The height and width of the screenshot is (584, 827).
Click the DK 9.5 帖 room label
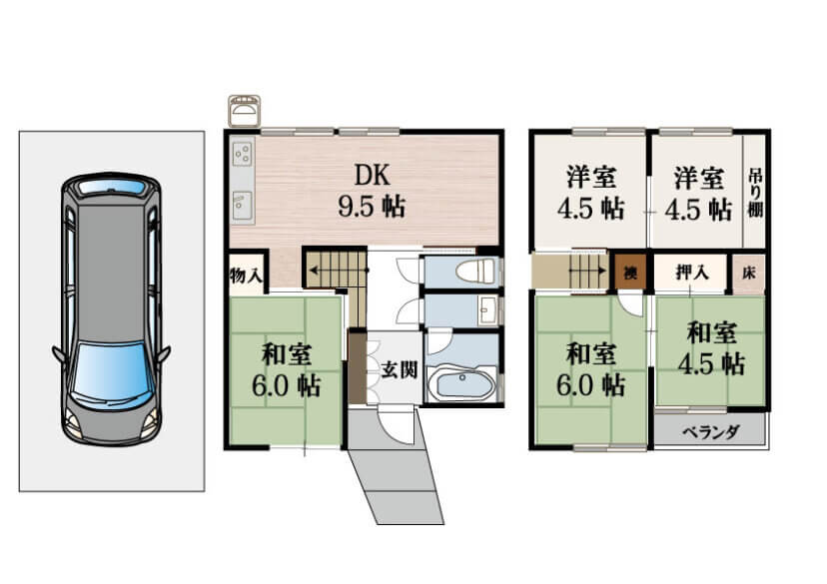[372, 190]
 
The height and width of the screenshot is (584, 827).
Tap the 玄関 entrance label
[400, 369]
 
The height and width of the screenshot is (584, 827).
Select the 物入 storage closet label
[246, 275]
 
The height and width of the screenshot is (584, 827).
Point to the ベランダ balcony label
[710, 432]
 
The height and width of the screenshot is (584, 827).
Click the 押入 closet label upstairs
[692, 273]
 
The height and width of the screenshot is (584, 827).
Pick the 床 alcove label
[748, 273]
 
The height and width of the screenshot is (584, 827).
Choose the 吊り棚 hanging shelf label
[755, 193]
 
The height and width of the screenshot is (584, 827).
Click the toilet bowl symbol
[475, 272]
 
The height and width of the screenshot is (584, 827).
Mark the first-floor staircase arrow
[338, 271]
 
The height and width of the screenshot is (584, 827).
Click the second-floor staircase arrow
[588, 271]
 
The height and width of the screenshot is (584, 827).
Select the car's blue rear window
[111, 187]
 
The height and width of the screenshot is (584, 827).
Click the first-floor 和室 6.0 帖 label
[287, 370]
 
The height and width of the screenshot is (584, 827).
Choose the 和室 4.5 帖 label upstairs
[711, 348]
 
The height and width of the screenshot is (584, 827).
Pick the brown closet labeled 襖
[628, 272]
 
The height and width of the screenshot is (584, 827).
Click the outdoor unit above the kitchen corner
[244, 110]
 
